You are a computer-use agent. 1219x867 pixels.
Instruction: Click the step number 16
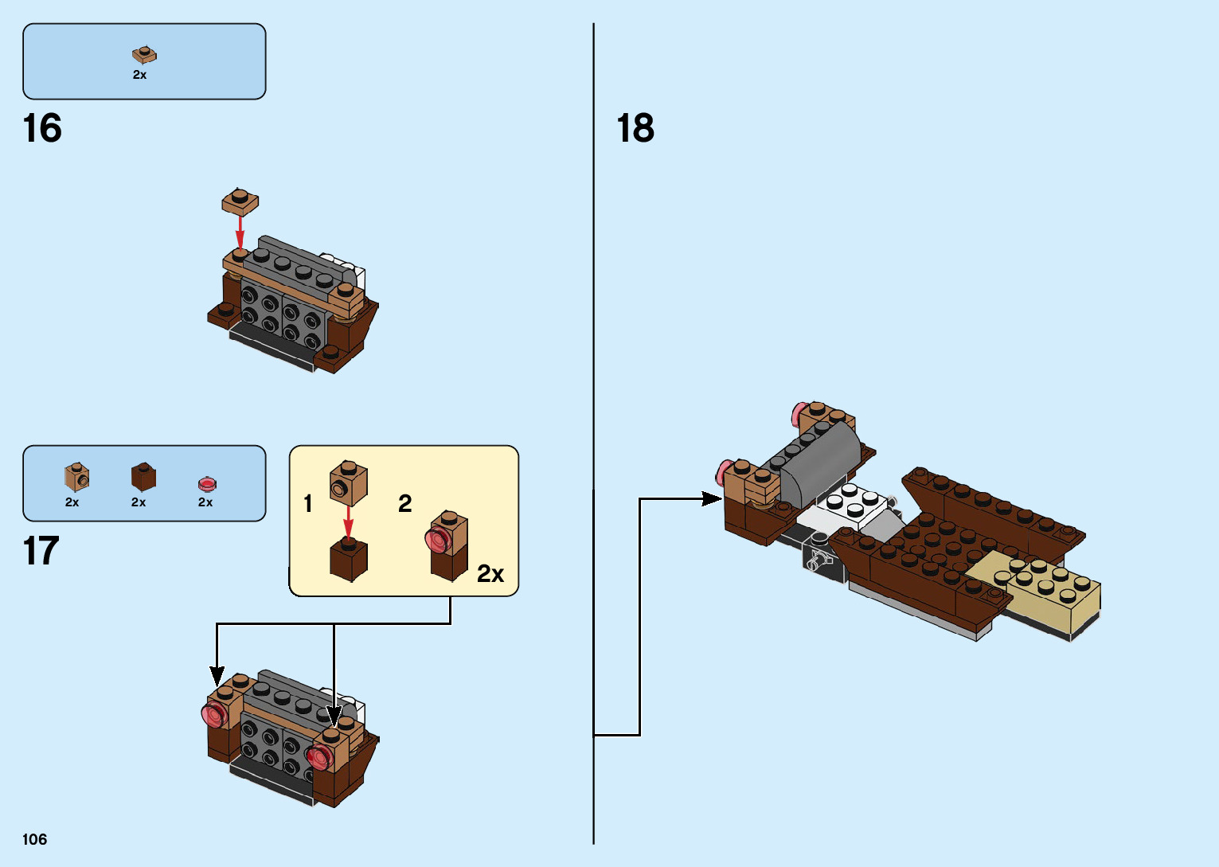(x=42, y=128)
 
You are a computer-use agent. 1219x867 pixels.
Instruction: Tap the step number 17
(x=41, y=551)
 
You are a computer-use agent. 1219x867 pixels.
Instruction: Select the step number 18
(x=635, y=128)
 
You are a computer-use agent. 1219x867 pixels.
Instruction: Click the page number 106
(x=35, y=839)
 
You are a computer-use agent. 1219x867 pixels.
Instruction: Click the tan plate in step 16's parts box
(x=144, y=55)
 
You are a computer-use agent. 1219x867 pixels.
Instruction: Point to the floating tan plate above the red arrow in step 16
(x=240, y=202)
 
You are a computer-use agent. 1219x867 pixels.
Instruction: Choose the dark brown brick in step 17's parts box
(x=143, y=477)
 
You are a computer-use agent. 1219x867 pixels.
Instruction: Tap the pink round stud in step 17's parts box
(x=207, y=483)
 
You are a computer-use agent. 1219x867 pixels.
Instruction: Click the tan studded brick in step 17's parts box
(x=76, y=476)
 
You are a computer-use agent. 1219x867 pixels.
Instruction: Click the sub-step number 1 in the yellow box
(x=308, y=503)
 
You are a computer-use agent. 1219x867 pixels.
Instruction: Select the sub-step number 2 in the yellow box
(x=404, y=503)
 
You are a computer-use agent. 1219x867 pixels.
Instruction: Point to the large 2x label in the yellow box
(x=490, y=574)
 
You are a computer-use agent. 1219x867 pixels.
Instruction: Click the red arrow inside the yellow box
(x=348, y=521)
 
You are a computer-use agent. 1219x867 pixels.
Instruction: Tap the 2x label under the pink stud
(x=205, y=502)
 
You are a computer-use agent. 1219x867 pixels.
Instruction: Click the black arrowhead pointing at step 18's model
(x=712, y=499)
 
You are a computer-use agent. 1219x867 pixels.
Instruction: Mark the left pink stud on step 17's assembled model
(x=213, y=714)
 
